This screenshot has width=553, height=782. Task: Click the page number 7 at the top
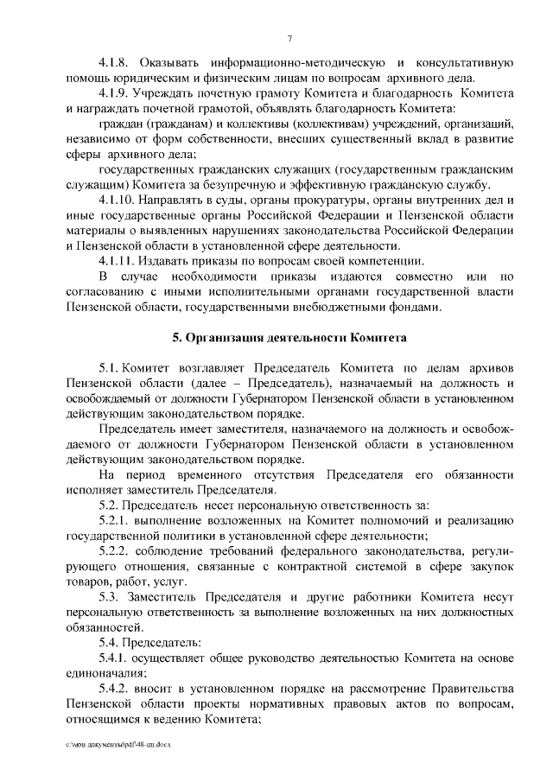[290, 37]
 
